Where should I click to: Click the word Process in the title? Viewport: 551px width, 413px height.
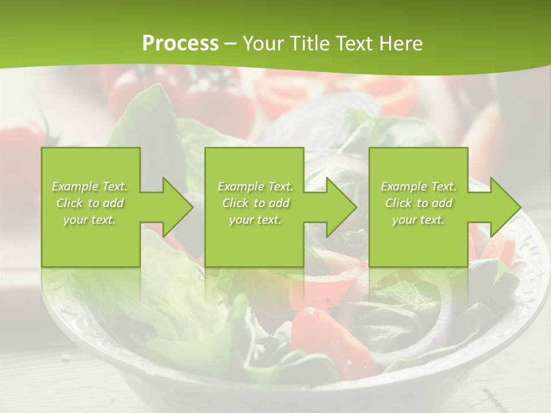180,44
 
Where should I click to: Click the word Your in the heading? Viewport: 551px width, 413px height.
265,44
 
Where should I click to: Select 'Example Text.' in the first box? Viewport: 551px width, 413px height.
90,186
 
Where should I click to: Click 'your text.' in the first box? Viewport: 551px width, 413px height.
90,220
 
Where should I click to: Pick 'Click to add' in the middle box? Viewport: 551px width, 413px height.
255,203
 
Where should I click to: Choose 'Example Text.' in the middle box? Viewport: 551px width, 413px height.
255,186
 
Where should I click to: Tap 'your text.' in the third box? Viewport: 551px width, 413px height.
418,220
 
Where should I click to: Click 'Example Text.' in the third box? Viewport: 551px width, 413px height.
418,186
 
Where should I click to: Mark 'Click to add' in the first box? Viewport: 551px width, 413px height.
90,203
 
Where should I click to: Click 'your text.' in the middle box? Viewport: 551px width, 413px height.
255,220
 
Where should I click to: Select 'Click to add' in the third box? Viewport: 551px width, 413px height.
418,203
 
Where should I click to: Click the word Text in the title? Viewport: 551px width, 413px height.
352,44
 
